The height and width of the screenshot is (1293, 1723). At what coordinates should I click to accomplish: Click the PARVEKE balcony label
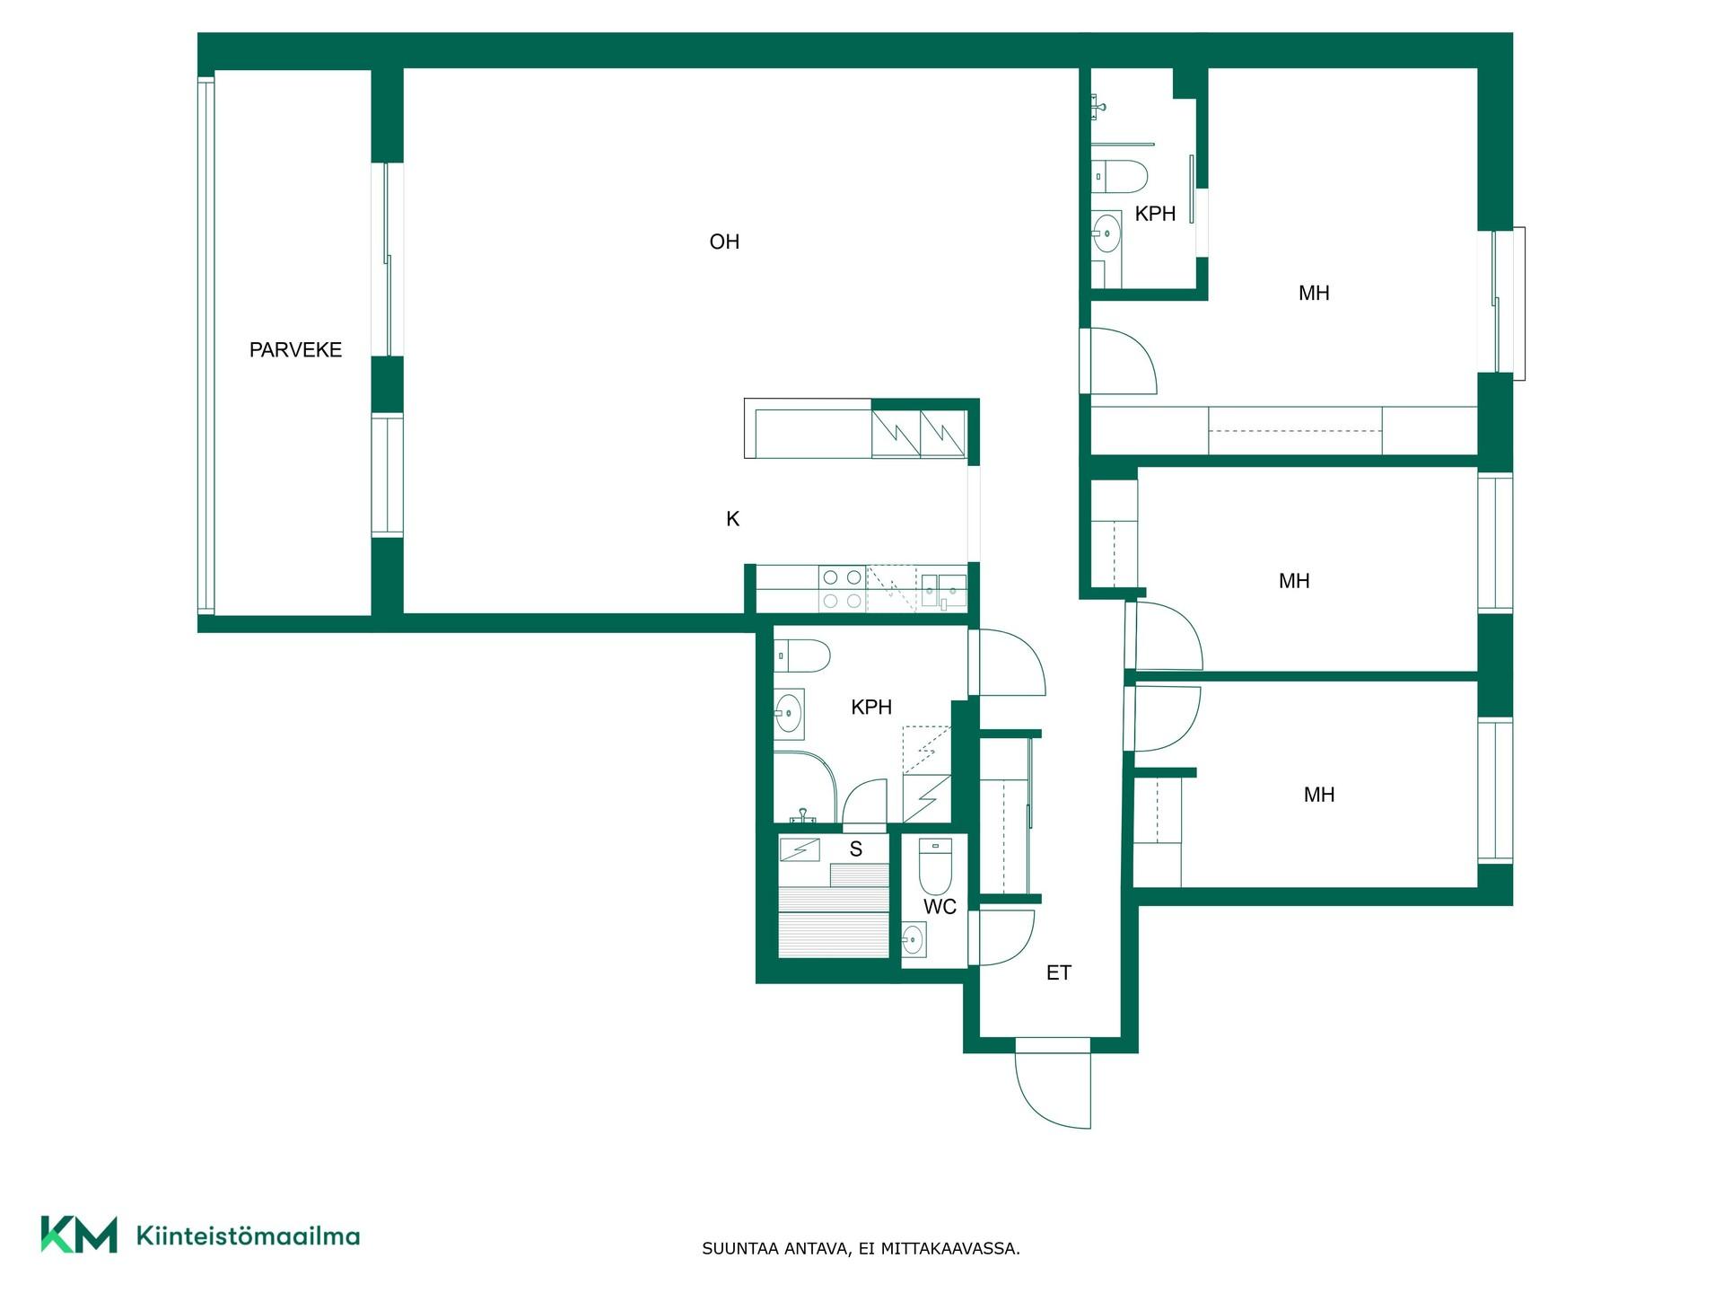pyautogui.click(x=295, y=350)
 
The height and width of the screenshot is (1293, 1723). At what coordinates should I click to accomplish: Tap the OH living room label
pyautogui.click(x=724, y=242)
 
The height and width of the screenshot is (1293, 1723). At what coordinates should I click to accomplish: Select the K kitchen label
pyautogui.click(x=732, y=519)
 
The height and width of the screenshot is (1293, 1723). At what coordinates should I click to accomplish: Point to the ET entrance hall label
pyautogui.click(x=1059, y=972)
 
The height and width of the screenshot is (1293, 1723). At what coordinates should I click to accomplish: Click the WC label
pyautogui.click(x=940, y=907)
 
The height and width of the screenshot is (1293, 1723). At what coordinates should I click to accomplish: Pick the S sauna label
pyautogui.click(x=856, y=849)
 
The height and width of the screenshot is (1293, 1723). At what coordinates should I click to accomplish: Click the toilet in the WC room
pyautogui.click(x=935, y=866)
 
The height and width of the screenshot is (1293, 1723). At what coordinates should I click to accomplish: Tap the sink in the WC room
pyautogui.click(x=914, y=940)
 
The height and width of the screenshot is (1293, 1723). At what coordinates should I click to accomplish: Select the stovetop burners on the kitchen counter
pyautogui.click(x=842, y=589)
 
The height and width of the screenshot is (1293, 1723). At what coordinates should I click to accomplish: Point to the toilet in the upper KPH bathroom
pyautogui.click(x=1120, y=176)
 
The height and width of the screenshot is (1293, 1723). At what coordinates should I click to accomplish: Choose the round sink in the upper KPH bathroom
pyautogui.click(x=1106, y=235)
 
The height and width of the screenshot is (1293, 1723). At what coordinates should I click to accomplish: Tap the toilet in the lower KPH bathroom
pyautogui.click(x=802, y=656)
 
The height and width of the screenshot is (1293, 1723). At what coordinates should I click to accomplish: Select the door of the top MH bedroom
pyautogui.click(x=1119, y=361)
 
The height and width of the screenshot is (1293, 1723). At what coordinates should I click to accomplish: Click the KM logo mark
pyautogui.click(x=79, y=1235)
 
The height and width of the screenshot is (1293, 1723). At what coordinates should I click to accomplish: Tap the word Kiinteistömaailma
pyautogui.click(x=248, y=1236)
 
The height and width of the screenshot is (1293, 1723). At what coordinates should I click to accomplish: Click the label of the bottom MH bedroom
pyautogui.click(x=1319, y=795)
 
